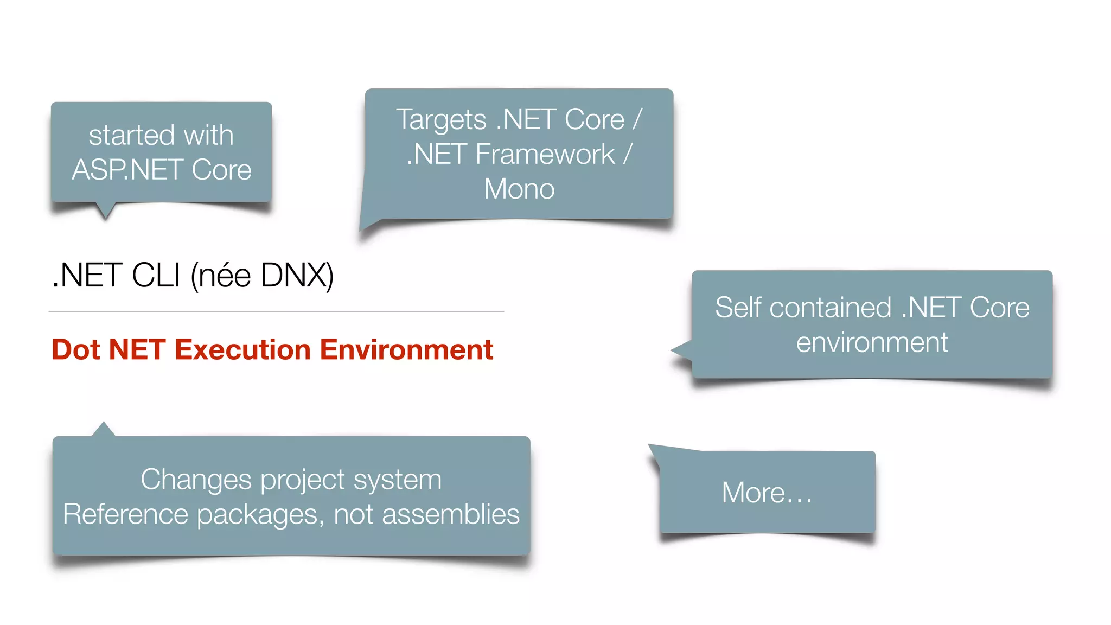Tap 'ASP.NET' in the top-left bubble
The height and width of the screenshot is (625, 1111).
(x=128, y=170)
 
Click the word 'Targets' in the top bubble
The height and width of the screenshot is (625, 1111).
(x=441, y=120)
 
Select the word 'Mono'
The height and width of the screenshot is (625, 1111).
(x=519, y=189)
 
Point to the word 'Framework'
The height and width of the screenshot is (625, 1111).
(x=545, y=155)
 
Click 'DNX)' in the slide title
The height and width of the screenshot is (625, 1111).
(x=297, y=276)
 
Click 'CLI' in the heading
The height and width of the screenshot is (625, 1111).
(x=156, y=276)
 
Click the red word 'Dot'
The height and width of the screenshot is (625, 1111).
(x=76, y=349)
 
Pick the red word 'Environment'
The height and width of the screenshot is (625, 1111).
(x=406, y=349)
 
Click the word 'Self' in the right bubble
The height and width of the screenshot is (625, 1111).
(x=738, y=308)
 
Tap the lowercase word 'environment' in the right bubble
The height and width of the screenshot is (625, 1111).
(x=872, y=343)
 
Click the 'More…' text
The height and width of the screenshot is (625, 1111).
(x=767, y=493)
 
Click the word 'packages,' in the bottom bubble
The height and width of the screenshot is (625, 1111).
(x=260, y=514)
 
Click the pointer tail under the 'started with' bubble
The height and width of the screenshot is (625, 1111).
(x=105, y=211)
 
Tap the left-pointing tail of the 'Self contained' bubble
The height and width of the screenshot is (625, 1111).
(x=681, y=350)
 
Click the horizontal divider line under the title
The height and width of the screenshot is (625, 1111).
(x=276, y=312)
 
